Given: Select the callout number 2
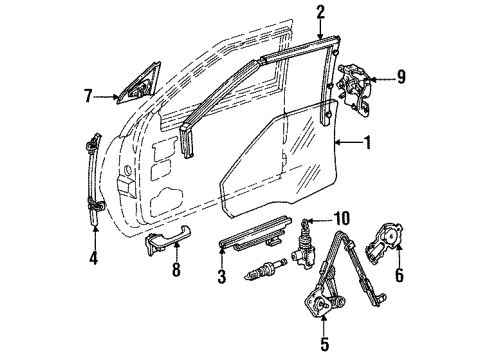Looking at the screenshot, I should click(292, 13).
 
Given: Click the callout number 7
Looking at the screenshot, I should click(88, 95).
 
